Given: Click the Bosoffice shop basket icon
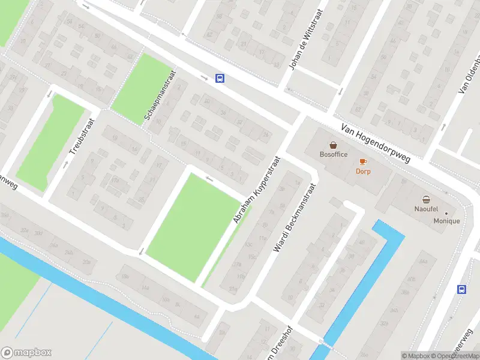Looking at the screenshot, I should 334,145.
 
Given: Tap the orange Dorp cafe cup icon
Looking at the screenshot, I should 362,161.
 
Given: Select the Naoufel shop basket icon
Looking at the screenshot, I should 426,200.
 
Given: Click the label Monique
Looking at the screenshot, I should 447,221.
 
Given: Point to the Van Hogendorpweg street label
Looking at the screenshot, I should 375,143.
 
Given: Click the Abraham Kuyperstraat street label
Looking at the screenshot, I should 257,190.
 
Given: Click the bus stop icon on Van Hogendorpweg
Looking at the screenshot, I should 220,78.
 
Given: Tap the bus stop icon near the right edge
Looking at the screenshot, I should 461,289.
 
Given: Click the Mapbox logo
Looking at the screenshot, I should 26,353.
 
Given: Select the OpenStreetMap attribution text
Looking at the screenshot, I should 453,356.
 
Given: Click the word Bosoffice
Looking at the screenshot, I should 334,154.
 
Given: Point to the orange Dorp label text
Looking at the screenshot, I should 362,171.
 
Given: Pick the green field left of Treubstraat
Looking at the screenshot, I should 51,141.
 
